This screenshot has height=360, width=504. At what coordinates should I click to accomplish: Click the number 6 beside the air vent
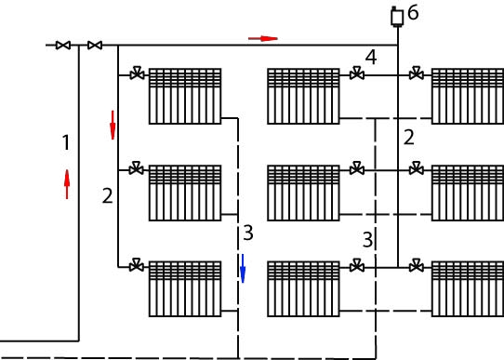413,13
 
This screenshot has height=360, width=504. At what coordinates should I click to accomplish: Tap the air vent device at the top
397,17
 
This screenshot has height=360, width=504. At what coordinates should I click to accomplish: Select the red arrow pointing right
263,38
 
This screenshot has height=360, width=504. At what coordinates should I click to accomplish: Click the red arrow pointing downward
113,125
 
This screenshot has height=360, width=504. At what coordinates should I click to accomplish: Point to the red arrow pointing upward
67,184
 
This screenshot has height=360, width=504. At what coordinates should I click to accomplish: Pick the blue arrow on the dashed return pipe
243,269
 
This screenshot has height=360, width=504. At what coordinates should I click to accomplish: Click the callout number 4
371,58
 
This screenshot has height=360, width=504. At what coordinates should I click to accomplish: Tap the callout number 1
66,142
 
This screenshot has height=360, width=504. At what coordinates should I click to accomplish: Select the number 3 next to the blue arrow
248,233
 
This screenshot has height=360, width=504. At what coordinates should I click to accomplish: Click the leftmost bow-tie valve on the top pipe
63,46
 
